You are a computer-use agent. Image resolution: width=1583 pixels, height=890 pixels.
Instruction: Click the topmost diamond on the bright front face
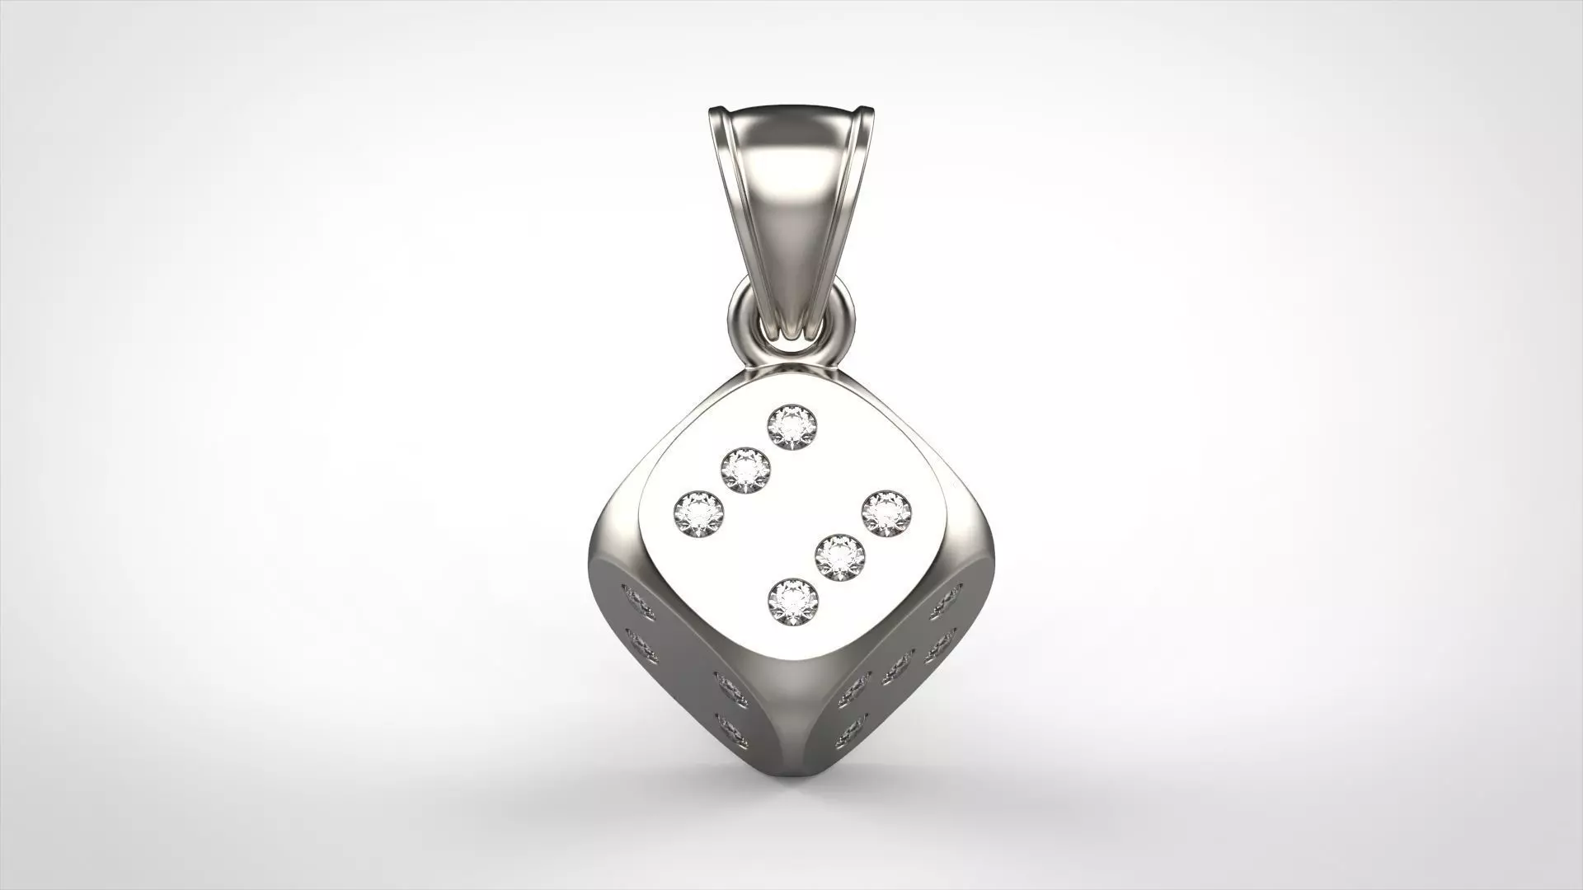[791, 427]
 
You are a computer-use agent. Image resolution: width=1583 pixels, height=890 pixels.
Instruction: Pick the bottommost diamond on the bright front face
[792, 602]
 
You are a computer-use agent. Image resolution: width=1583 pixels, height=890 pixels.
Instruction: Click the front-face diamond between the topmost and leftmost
[745, 471]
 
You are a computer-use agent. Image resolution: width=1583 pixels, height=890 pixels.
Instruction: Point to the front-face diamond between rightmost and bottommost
[839, 559]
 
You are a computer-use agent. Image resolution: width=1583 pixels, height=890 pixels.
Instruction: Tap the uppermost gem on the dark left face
[637, 602]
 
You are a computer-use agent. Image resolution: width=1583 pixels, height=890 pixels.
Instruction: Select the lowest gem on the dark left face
[731, 732]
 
